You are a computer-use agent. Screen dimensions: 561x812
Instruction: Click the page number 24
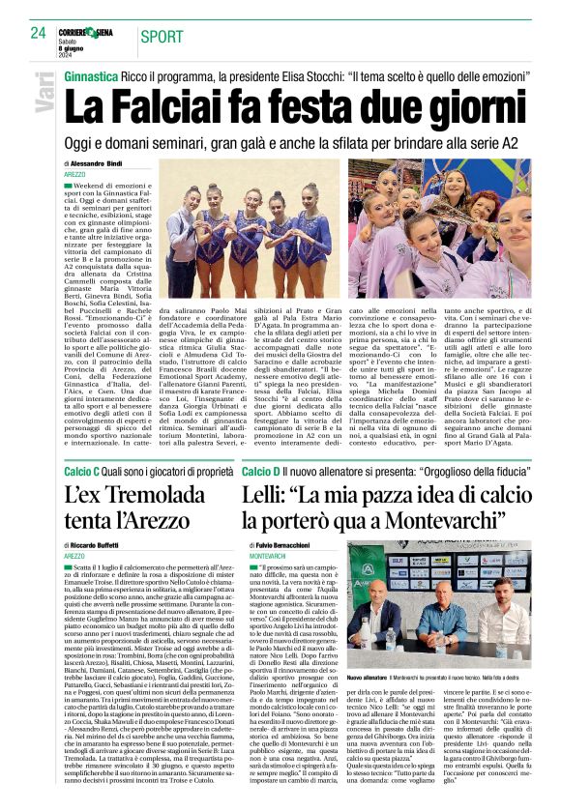click(39, 32)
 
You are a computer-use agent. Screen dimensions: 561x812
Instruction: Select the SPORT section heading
click(165, 38)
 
